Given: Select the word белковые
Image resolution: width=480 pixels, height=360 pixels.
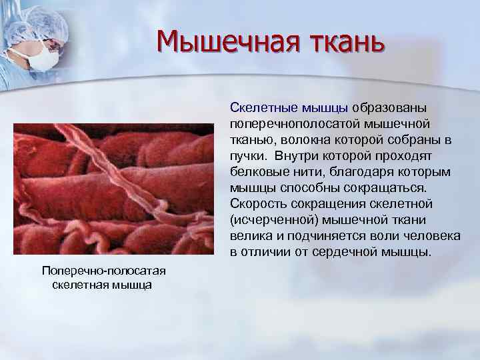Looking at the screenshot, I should point(257,172).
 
